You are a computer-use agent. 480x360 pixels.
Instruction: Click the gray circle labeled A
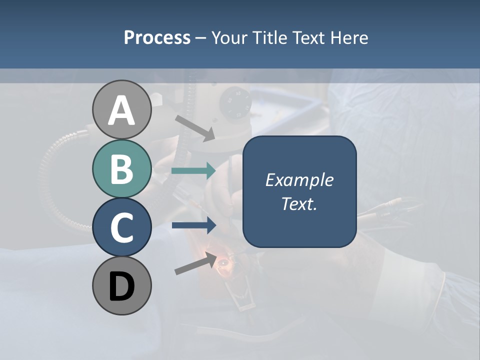(121, 110)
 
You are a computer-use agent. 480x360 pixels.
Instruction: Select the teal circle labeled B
(121, 169)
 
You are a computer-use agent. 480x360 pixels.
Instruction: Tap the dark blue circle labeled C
(121, 227)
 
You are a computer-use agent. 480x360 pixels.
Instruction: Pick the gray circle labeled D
(121, 286)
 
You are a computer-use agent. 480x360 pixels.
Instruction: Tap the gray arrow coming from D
(195, 264)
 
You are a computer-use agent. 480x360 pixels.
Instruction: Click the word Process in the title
(157, 37)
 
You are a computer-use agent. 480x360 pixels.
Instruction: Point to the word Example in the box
(299, 180)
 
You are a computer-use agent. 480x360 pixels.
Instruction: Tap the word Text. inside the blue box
(299, 204)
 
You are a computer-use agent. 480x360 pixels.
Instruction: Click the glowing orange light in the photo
(222, 260)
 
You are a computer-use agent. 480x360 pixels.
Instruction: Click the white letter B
(121, 169)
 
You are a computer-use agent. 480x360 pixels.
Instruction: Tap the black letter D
(121, 286)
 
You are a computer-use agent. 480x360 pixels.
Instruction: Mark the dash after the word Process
(200, 38)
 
